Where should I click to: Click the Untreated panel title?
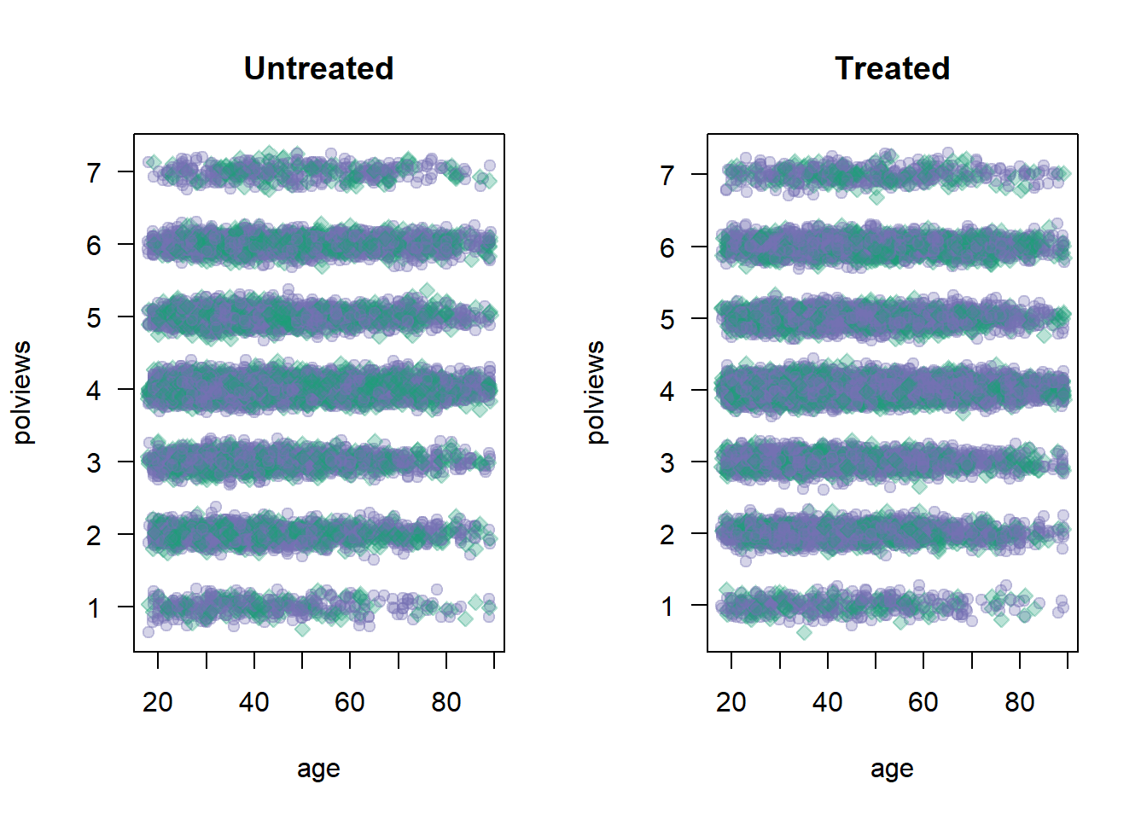(318, 68)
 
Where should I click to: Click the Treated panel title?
(892, 68)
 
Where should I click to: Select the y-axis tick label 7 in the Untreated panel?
(94, 173)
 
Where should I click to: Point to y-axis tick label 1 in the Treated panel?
(667, 607)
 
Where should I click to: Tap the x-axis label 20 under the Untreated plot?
(158, 702)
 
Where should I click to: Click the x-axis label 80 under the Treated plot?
(1019, 702)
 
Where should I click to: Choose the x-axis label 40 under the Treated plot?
(827, 702)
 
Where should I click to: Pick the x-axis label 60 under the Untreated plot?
(350, 702)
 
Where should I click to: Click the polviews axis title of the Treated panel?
(596, 392)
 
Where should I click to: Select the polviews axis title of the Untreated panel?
(22, 392)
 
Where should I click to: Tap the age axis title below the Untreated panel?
(318, 769)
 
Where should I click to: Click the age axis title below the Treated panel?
(892, 769)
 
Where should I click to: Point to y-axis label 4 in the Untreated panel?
(94, 391)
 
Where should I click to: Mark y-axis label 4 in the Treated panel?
(667, 391)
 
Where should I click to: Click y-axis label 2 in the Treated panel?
(667, 535)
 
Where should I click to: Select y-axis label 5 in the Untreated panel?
(94, 318)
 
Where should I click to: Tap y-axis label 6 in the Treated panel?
(667, 247)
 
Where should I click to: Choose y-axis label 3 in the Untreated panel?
(94, 463)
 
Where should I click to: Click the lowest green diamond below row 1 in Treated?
(804, 632)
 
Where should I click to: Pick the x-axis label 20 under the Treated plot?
(731, 702)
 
